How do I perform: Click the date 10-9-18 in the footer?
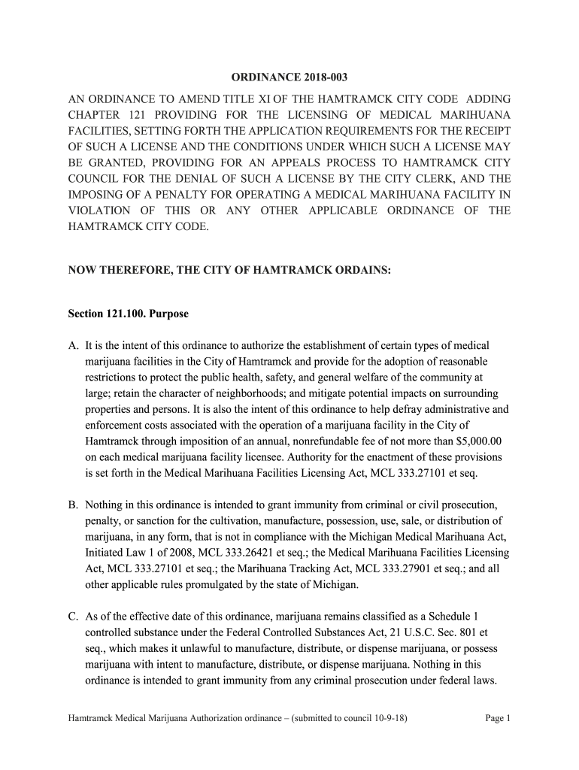(388, 718)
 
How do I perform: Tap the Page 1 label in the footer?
(498, 718)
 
